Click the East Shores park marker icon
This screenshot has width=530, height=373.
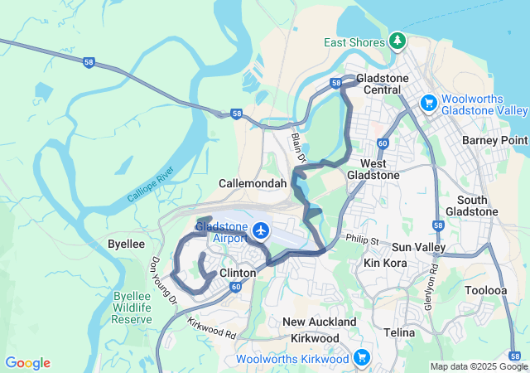point(398,41)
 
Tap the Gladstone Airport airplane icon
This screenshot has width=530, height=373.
point(263,230)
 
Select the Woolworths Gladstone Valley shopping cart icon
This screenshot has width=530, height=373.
point(428,103)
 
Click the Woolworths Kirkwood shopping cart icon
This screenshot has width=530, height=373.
point(361,357)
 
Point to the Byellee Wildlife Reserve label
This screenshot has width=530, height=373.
point(132,308)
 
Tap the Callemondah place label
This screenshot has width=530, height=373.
point(253,183)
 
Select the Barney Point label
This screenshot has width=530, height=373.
point(494,140)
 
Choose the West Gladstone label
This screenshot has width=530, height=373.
point(369,169)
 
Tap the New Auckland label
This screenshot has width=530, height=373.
point(320,322)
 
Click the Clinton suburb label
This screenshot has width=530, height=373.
point(238,272)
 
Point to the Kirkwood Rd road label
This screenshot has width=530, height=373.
point(212,329)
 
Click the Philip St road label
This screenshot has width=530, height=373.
point(361,240)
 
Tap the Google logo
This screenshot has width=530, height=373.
point(27,363)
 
